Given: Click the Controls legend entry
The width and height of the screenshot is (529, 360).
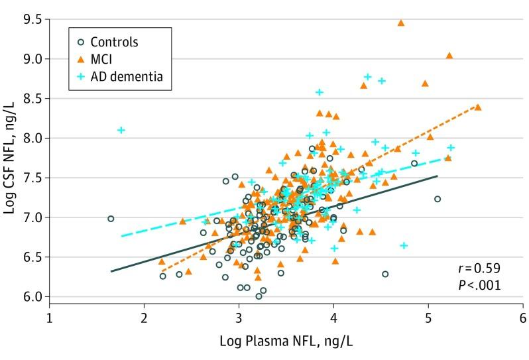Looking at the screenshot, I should (115, 42).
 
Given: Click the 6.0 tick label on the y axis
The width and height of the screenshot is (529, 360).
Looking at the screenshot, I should (28, 296).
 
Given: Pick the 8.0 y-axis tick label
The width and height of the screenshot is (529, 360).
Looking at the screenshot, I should (28, 138).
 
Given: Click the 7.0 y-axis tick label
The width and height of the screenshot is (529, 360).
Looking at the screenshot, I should (28, 217).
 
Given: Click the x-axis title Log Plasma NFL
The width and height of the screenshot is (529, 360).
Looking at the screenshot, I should (286, 343).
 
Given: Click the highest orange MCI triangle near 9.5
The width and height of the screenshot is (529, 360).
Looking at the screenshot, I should (401, 23).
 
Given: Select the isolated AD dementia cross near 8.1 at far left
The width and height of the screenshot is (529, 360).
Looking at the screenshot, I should (121, 130).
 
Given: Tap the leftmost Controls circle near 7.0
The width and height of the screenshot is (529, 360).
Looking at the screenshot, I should (111, 219).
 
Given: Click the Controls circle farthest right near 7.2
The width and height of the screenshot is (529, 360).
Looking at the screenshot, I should (438, 199).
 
